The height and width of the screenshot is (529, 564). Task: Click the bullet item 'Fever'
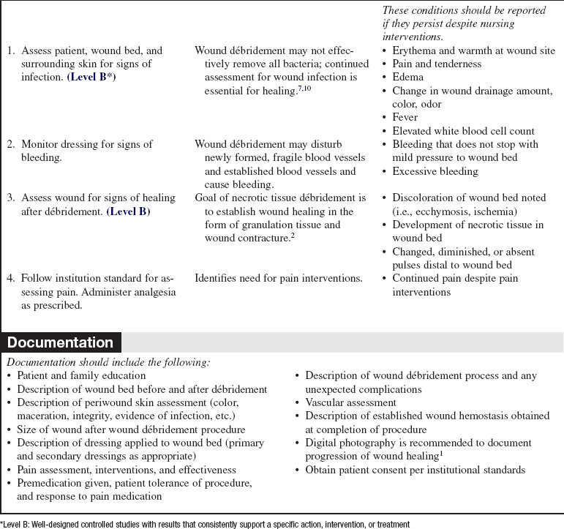[405, 117]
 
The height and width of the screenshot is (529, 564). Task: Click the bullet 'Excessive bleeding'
[437, 170]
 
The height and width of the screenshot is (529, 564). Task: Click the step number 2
[11, 145]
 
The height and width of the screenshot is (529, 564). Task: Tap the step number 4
[11, 277]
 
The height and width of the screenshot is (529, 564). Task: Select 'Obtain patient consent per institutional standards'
[415, 469]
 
